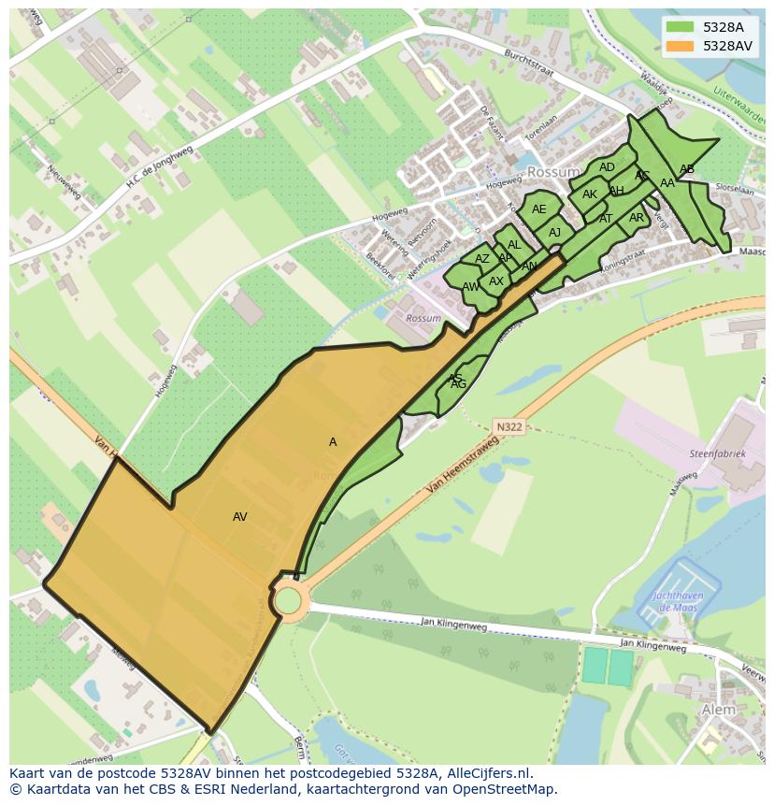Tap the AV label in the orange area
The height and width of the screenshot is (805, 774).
240,517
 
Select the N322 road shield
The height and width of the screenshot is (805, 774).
509,427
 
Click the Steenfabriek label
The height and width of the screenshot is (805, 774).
718,453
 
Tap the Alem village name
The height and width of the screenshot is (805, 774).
718,710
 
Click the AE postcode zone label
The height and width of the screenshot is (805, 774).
539,209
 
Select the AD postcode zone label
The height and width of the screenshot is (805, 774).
608,167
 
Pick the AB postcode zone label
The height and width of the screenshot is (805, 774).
687,169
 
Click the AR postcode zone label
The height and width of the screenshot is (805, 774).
637,218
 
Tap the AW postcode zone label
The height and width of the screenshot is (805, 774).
470,287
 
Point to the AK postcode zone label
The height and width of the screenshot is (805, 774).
590,194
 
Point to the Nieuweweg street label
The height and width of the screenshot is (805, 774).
64,180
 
